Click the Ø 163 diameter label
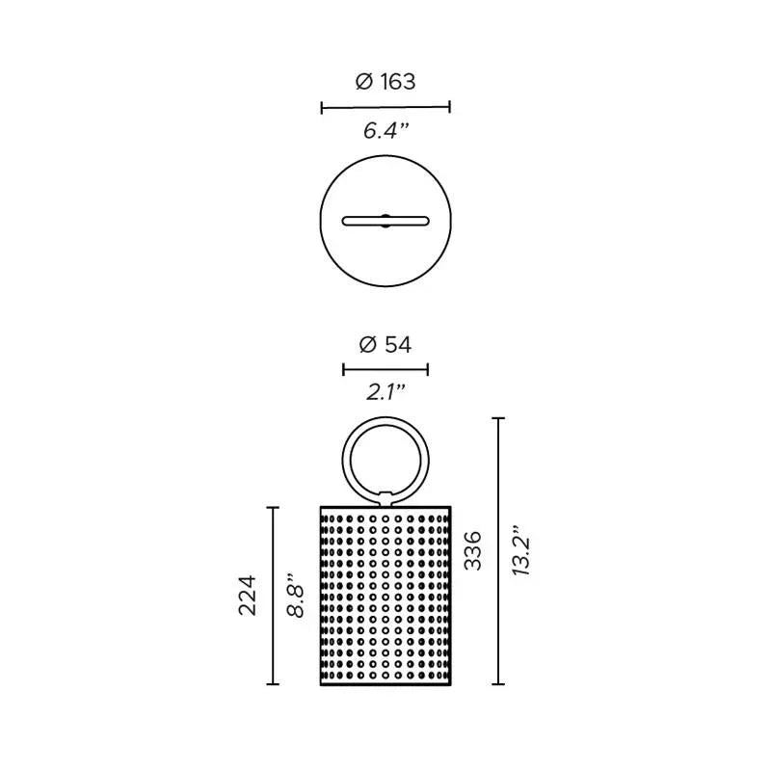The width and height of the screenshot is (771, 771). pos(385,82)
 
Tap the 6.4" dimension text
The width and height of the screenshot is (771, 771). pos(386,131)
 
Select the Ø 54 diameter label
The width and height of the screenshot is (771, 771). pos(385,345)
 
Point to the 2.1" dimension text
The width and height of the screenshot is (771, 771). pos(386,392)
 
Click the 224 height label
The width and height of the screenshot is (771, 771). pos(248,595)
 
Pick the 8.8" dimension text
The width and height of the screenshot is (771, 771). pos(297,595)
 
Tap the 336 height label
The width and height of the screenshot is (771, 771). pos(473,550)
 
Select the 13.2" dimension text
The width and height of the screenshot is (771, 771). pos(520,550)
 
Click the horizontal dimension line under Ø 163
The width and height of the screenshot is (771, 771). pos(385,107)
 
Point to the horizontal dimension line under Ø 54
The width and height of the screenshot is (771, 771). pos(385,369)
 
